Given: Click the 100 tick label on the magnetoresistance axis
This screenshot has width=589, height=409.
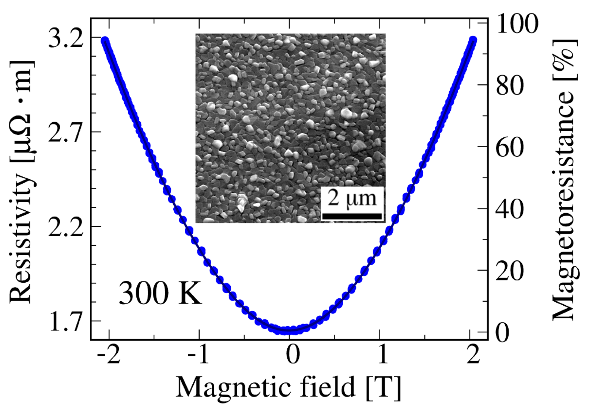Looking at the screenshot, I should pos(517,23).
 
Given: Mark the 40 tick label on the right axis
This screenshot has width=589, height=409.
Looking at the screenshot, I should pos(510,209).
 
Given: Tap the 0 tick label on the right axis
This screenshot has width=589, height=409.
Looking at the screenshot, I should pos(503,333).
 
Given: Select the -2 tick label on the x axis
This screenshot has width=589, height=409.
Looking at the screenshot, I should pos(109,355).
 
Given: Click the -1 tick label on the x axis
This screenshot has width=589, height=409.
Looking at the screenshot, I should pos(199,355).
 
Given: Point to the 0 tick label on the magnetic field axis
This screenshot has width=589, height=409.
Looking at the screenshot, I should pos(293,355).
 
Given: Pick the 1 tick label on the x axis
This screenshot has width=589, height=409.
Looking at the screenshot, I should pos(383,355).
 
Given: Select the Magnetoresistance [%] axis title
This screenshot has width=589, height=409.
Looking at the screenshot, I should pos(565,179).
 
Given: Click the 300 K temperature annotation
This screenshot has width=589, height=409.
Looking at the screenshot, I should pos(160,293).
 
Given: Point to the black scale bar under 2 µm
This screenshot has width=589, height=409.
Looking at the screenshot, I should pos(352,217).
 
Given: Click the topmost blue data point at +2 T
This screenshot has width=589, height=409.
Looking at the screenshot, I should pos(473,40).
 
